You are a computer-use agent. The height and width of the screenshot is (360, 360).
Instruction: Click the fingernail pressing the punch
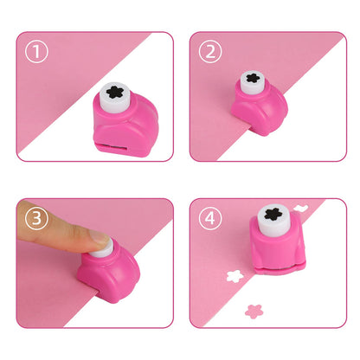pos(100,245)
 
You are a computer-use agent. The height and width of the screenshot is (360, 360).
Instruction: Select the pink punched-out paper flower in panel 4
pos(254,310)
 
